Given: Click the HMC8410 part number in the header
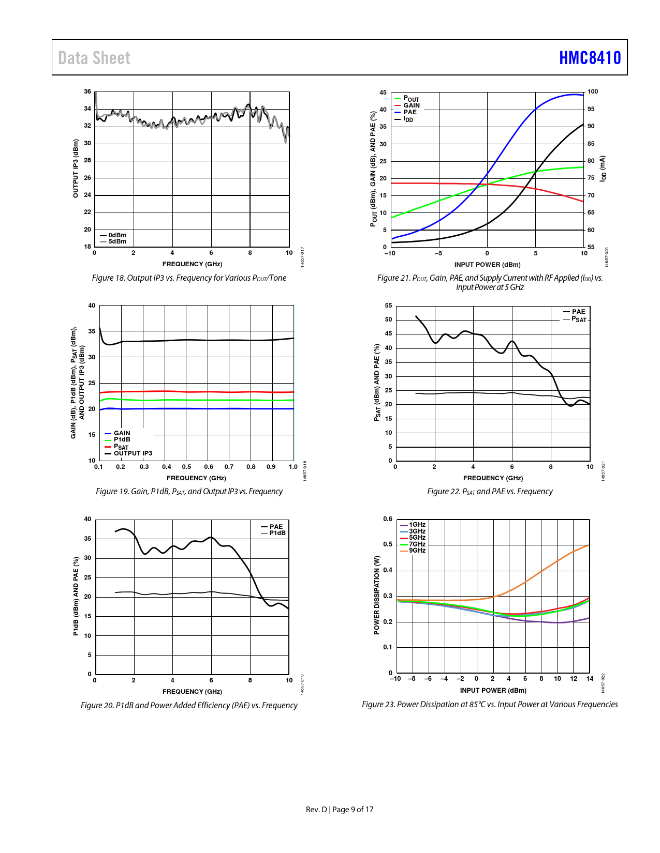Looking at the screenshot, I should tap(590, 58).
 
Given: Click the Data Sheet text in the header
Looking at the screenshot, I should tap(94, 58).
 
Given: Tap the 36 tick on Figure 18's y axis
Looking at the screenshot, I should tap(87, 92).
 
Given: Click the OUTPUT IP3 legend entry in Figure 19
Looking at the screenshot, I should tap(133, 453).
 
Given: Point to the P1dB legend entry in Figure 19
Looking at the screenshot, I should tap(122, 439).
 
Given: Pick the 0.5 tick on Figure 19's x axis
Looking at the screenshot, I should tap(186, 467).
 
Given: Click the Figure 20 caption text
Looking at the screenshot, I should tap(189, 705).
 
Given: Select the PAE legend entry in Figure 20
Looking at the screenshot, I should tap(276, 527).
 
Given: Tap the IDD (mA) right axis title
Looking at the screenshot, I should tap(603, 169).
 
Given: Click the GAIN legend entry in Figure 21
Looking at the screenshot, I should tap(412, 105).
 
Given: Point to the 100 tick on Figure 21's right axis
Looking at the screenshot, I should tap(592, 92).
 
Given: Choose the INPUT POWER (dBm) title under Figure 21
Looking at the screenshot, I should tap(487, 265).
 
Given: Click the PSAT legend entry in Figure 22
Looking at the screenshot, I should tap(579, 319).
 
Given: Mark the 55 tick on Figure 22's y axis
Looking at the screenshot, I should tap(388, 306).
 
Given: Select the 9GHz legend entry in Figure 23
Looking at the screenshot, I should tap(417, 551).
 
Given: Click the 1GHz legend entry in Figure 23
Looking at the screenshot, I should tap(417, 525).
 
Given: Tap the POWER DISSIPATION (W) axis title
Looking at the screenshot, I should tap(377, 595).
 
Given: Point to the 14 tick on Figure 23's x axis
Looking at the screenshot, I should tap(590, 679).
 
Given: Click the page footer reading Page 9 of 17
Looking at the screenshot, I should tap(353, 810).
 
